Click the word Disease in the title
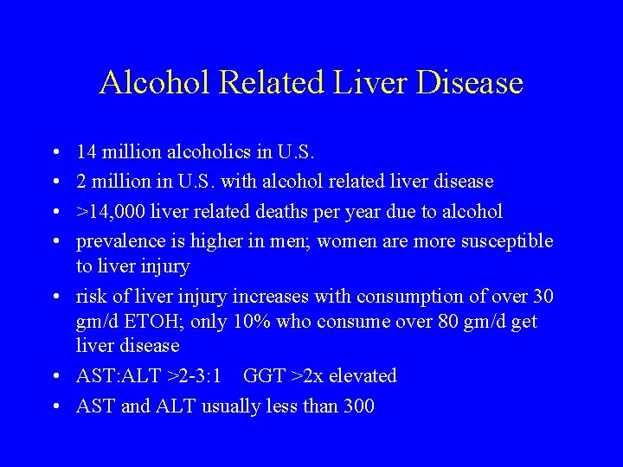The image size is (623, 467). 471,83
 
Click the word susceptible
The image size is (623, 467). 505,241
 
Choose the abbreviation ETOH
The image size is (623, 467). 153,322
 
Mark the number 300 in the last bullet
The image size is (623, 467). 358,406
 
